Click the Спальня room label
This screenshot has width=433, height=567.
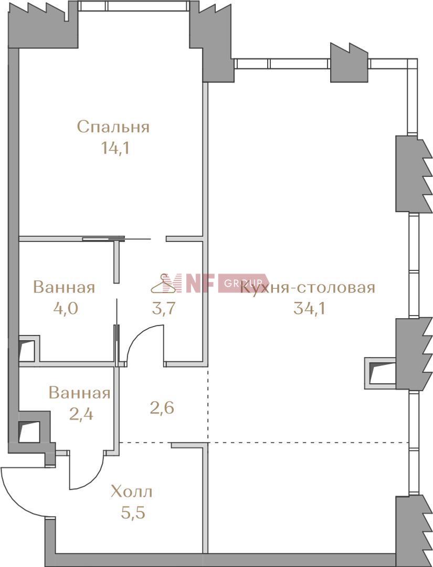coord(113,127)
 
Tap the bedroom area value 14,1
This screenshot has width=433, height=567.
coord(115,148)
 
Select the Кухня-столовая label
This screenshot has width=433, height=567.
coord(307,288)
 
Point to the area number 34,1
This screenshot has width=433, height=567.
coord(309,309)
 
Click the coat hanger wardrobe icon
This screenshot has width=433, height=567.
coord(166,284)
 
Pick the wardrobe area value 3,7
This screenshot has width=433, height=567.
coord(164,309)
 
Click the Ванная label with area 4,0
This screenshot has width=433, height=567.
coord(65,288)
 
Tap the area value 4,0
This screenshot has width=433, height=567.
coord(66,309)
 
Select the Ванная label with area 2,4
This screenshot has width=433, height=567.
coord(80,393)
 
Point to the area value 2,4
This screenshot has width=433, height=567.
coord(81,414)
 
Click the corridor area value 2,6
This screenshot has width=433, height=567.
coord(162,408)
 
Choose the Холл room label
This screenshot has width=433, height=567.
coord(132,492)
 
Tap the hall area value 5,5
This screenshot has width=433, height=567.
coord(133,513)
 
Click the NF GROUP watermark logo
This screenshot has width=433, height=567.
coord(216,283)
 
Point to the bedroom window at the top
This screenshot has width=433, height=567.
coord(134,6)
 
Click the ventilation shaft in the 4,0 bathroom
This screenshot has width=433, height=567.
coord(27,349)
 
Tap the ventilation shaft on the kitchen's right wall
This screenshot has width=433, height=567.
coord(380,373)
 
